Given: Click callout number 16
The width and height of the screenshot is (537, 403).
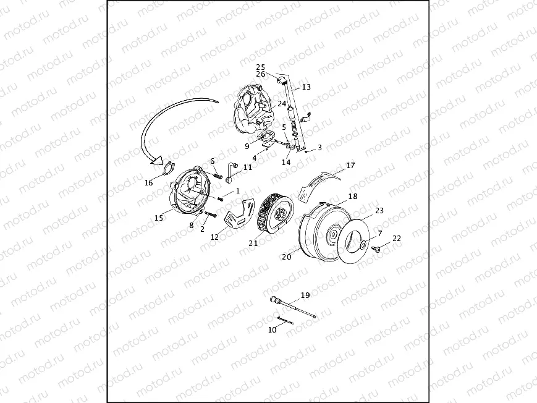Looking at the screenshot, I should [148, 183].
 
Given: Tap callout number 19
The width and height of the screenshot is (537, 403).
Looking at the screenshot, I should [305, 295].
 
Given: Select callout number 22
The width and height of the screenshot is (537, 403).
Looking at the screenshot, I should [397, 239].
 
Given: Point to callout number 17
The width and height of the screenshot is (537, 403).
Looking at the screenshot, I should [350, 166].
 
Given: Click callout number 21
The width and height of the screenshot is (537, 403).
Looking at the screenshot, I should [253, 243].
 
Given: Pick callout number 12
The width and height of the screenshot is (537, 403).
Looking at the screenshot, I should [214, 236].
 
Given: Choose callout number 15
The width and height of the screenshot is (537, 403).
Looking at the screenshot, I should [158, 217].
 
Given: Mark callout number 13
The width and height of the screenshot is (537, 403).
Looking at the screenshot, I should [306, 87].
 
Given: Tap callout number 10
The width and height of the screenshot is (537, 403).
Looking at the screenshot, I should [272, 329].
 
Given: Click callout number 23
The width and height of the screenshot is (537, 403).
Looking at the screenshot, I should [379, 210].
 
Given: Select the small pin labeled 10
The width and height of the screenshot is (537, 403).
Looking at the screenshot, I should [285, 320].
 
